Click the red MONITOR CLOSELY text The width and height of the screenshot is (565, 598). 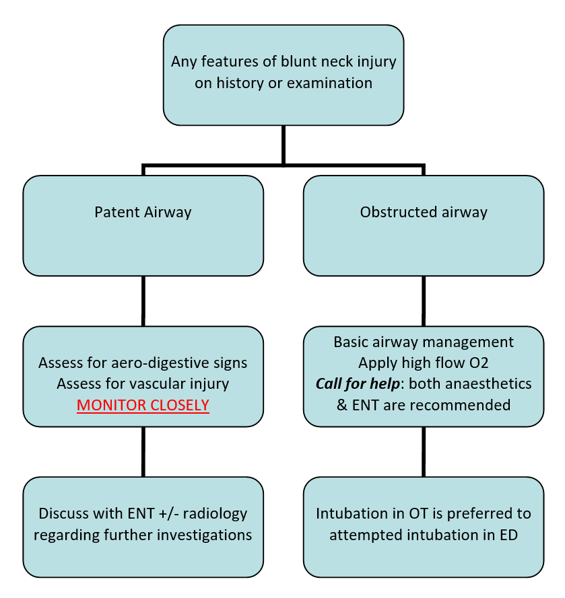[143, 406]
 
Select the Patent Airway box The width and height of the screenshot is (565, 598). [143, 225]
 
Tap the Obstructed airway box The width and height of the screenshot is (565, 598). [423, 225]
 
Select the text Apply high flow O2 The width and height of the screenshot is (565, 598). [423, 363]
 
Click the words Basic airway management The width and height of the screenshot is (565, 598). [423, 342]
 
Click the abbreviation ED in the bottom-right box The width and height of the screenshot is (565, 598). [519, 535]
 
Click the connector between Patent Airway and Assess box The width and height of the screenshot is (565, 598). [143, 301]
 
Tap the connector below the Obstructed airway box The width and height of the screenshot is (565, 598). [423, 301]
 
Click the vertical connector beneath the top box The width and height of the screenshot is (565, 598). [283, 144]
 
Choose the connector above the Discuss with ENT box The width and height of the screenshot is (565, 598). [143, 451]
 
